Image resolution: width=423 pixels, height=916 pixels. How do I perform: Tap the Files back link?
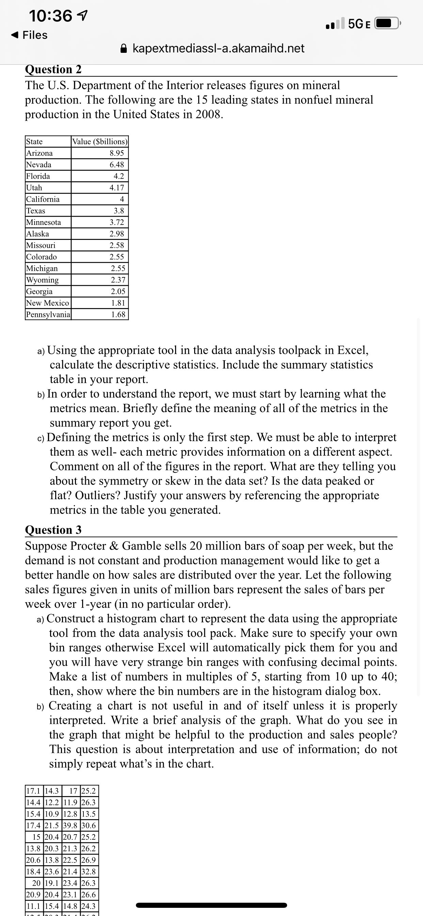click(x=30, y=35)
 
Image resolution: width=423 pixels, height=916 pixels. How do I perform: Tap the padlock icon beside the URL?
click(x=124, y=48)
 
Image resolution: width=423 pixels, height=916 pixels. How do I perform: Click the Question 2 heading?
click(x=53, y=69)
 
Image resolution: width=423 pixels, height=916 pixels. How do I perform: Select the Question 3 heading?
click(x=53, y=530)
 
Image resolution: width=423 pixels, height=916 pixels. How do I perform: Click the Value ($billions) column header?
click(x=99, y=141)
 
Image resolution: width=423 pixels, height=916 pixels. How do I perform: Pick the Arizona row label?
click(x=40, y=153)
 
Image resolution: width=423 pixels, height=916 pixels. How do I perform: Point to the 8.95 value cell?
click(x=116, y=153)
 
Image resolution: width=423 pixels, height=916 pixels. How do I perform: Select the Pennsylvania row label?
click(x=48, y=315)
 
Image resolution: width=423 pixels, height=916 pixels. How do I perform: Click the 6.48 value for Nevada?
click(x=116, y=165)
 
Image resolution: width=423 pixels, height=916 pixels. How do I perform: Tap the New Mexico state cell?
click(x=48, y=303)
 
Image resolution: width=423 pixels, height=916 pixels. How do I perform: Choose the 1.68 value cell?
click(x=118, y=315)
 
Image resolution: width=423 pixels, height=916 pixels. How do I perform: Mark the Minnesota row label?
click(x=44, y=222)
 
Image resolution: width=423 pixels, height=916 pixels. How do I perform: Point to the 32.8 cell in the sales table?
click(x=89, y=872)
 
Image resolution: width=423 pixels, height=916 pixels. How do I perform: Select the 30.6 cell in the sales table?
click(x=89, y=825)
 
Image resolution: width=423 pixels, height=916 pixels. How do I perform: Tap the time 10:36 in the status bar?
click(x=50, y=16)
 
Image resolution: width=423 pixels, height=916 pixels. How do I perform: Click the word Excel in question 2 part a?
click(x=352, y=350)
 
